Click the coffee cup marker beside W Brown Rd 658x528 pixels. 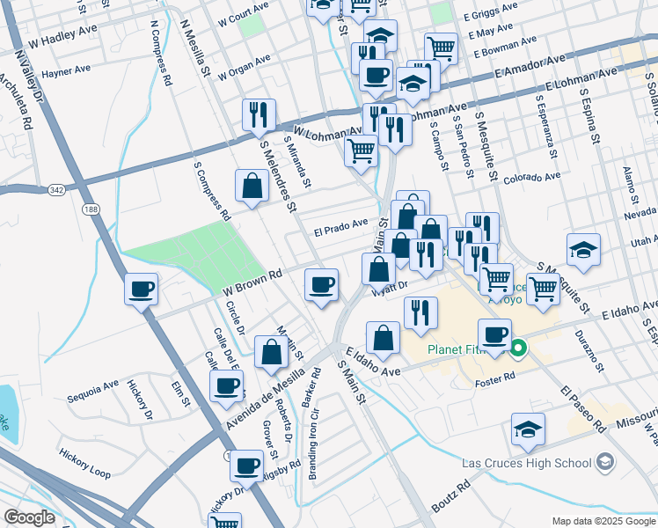point(321,285)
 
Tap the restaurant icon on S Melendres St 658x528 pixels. point(259,114)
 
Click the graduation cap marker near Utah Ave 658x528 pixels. point(583,249)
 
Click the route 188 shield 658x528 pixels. point(90,209)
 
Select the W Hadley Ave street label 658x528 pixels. point(62,40)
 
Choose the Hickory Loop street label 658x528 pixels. point(84,463)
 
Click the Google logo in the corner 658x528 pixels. point(30,517)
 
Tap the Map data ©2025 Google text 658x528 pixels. point(603,521)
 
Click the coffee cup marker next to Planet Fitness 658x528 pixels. point(493,334)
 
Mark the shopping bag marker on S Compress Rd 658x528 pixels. point(252,186)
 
